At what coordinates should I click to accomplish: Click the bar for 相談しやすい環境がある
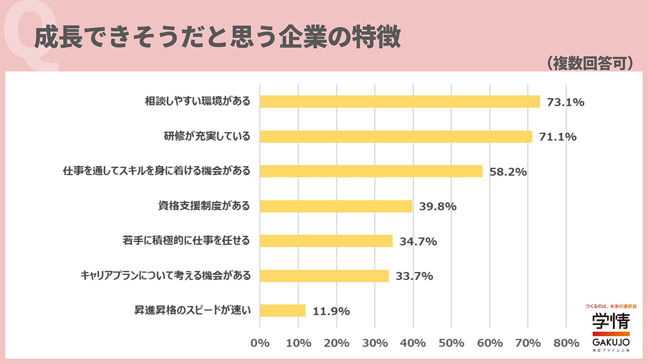pyautogui.click(x=400, y=101)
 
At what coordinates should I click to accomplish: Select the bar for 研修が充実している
pyautogui.click(x=396, y=136)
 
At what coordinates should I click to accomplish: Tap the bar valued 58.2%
pyautogui.click(x=371, y=171)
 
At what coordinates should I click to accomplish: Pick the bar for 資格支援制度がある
pyautogui.click(x=336, y=206)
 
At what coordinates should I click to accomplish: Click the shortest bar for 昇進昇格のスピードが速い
pyautogui.click(x=282, y=311)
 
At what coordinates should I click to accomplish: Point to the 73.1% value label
pyautogui.click(x=565, y=102)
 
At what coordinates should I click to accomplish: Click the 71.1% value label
pyautogui.click(x=558, y=137)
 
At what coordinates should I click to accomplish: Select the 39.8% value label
pyautogui.click(x=438, y=207)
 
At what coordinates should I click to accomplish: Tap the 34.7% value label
pyautogui.click(x=418, y=242)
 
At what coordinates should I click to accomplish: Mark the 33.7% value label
pyautogui.click(x=414, y=277)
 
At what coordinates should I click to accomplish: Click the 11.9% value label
pyautogui.click(x=331, y=311)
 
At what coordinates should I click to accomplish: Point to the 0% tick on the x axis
pyautogui.click(x=260, y=343)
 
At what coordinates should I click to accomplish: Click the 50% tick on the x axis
pyautogui.click(x=451, y=343)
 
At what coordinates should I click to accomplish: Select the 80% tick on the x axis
pyautogui.click(x=566, y=343)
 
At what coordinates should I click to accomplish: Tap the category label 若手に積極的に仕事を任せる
pyautogui.click(x=186, y=241)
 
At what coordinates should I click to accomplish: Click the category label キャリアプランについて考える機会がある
pyautogui.click(x=165, y=276)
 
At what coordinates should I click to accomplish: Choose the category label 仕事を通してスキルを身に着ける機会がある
pyautogui.click(x=157, y=171)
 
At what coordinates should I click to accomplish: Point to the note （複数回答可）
pyautogui.click(x=589, y=63)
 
